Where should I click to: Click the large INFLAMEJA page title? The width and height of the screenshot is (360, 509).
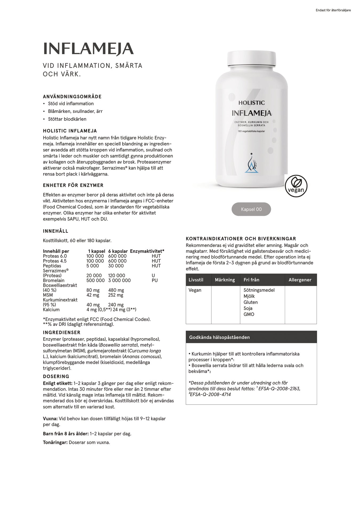pyautogui.click(x=88, y=49)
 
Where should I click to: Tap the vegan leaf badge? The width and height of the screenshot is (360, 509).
pyautogui.click(x=296, y=186)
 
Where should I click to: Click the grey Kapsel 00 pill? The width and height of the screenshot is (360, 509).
pyautogui.click(x=251, y=209)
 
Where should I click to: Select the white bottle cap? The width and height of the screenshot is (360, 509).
pyautogui.click(x=251, y=59)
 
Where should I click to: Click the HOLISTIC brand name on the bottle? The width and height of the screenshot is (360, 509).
pyautogui.click(x=251, y=103)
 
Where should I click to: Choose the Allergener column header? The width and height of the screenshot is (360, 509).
pyautogui.click(x=300, y=280)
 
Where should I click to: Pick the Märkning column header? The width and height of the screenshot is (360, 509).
pyautogui.click(x=225, y=280)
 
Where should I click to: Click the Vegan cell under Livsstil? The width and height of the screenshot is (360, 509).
pyautogui.click(x=195, y=290)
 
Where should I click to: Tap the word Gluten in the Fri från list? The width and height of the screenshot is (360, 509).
pyautogui.click(x=250, y=302)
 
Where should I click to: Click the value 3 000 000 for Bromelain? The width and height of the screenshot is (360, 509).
pyautogui.click(x=119, y=280)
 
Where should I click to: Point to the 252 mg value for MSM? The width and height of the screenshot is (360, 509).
pyautogui.click(x=116, y=295)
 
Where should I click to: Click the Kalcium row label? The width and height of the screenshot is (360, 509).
pyautogui.click(x=51, y=310)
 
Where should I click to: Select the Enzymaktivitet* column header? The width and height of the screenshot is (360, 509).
pyautogui.click(x=147, y=251)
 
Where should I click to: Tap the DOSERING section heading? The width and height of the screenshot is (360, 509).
pyautogui.click(x=56, y=376)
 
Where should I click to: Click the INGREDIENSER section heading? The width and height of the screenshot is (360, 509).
pyautogui.click(x=62, y=333)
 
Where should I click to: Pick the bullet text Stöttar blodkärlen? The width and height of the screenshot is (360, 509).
pyautogui.click(x=67, y=119)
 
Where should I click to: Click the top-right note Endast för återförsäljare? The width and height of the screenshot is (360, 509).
pyautogui.click(x=333, y=10)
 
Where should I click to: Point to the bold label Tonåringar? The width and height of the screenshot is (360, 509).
pyautogui.click(x=55, y=442)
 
